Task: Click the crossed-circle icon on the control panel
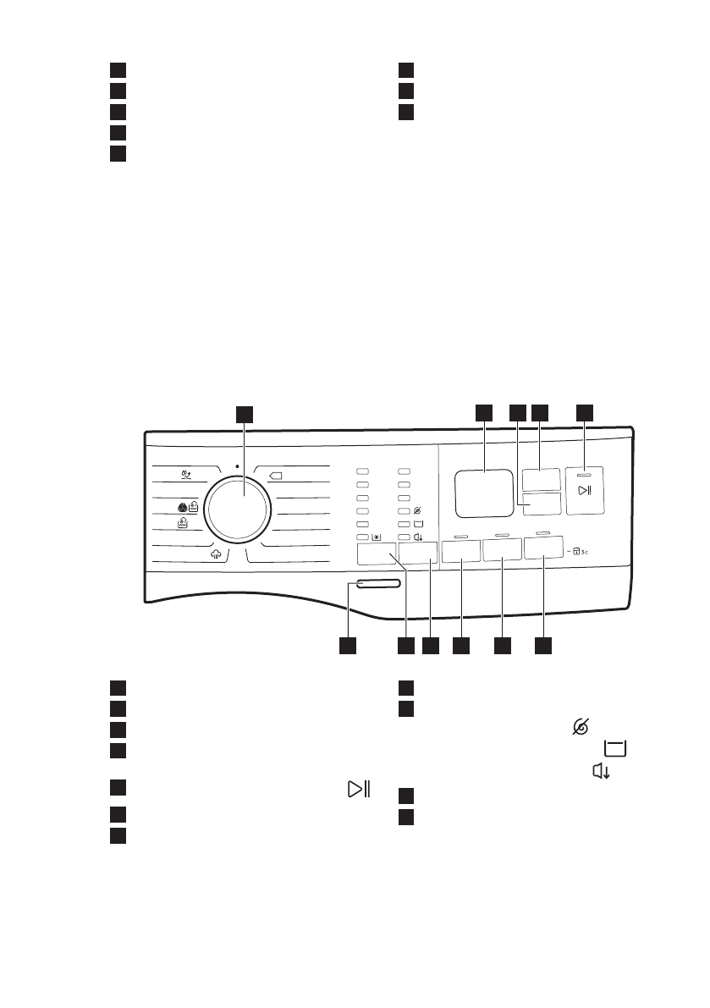[417, 511]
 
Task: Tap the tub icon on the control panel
[417, 524]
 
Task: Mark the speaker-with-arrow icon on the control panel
[417, 537]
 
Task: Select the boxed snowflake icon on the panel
[377, 537]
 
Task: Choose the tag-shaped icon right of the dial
[276, 476]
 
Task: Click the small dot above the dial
[238, 465]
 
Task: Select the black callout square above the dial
[244, 412]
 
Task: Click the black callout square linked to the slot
[347, 646]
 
